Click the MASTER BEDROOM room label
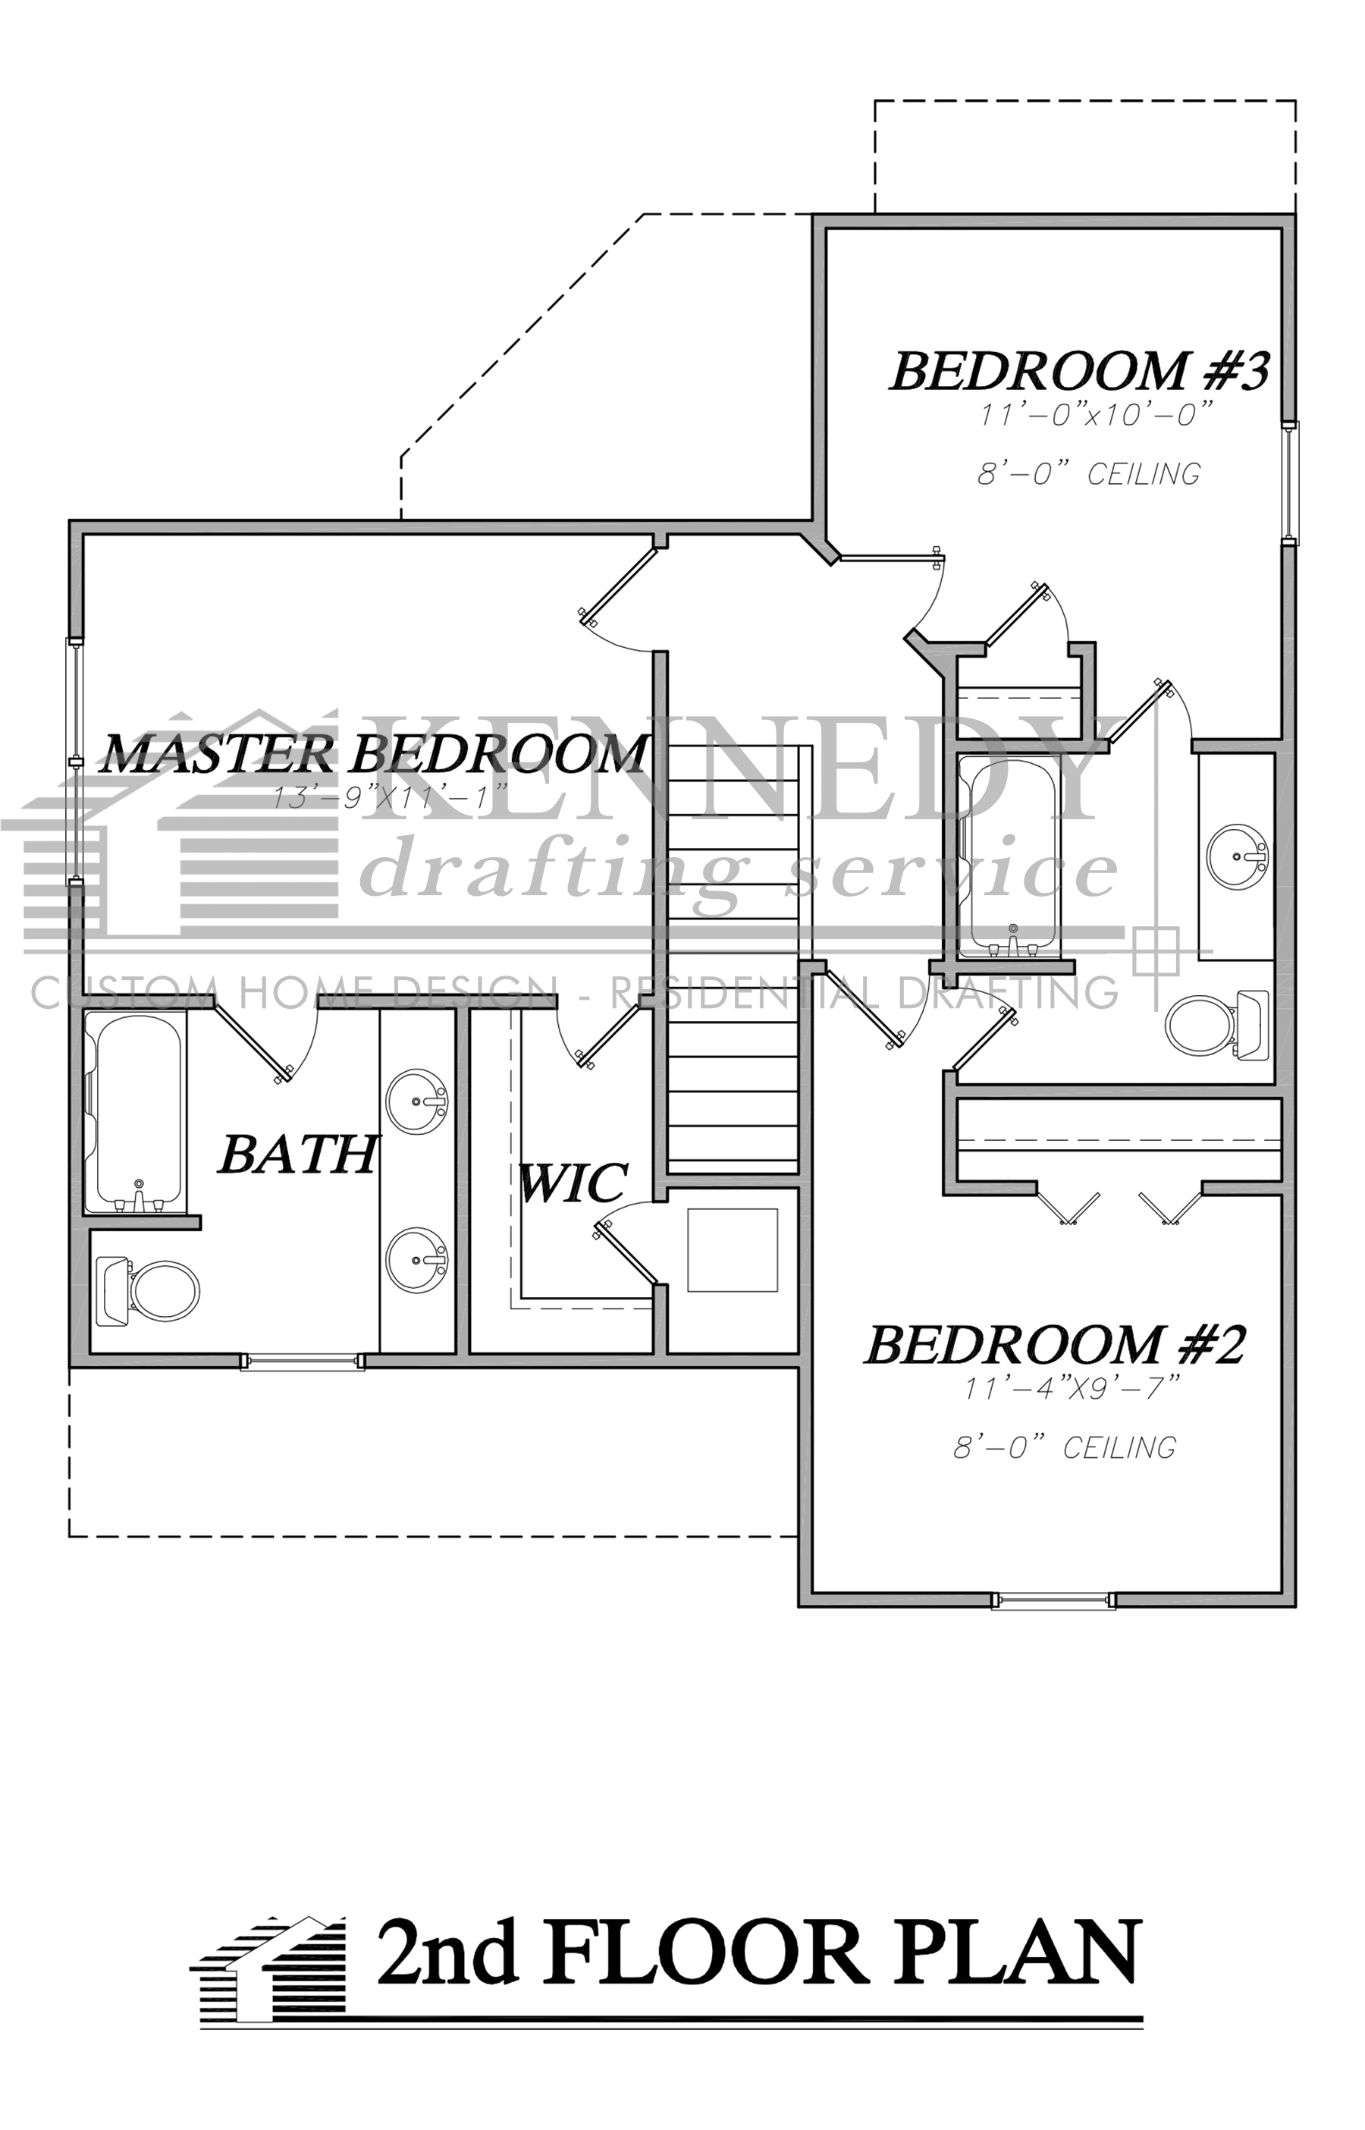372,754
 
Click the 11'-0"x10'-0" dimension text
1095,416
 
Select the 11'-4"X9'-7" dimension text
1072,1389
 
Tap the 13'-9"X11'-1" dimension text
390,797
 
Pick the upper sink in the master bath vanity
416,1101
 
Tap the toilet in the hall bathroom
1218,1027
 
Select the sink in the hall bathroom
1238,856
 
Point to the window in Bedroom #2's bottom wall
1053,1599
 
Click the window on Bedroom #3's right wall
1290,483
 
